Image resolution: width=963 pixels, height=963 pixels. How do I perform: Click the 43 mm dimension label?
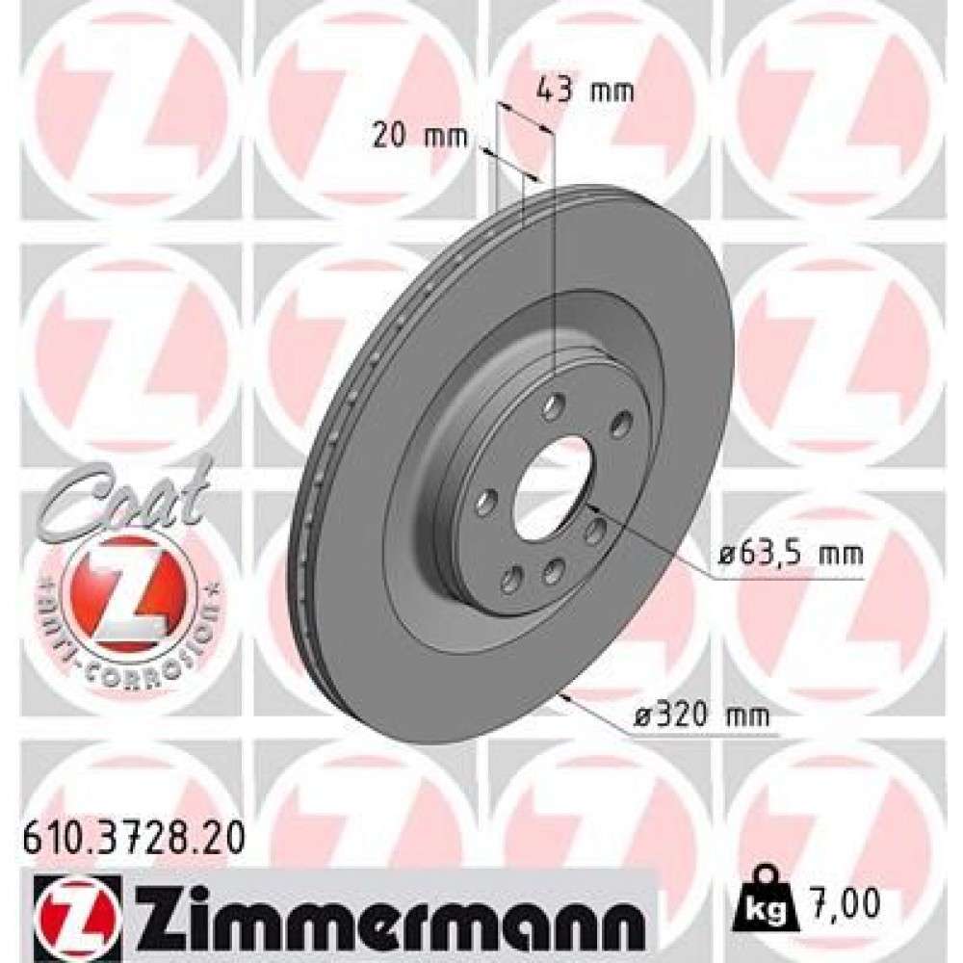585,92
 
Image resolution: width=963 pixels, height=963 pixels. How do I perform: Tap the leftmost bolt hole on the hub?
485,501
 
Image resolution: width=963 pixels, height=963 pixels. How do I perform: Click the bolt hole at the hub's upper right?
619,422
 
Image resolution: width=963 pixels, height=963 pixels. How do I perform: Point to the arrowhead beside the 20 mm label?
488,152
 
